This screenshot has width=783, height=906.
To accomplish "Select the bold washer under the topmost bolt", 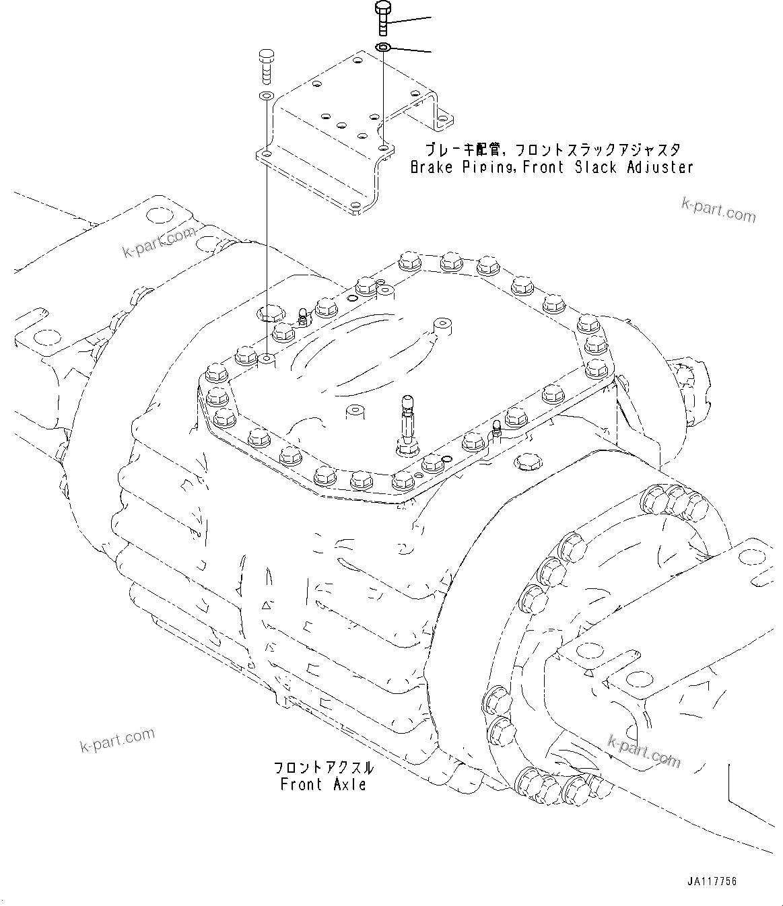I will [383, 47].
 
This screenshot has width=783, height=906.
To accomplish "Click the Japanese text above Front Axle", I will [322, 768].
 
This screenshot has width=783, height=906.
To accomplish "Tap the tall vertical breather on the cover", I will [407, 421].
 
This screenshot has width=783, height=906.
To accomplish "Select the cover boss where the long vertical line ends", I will [267, 360].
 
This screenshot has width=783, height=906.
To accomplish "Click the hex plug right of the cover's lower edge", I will [526, 462].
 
